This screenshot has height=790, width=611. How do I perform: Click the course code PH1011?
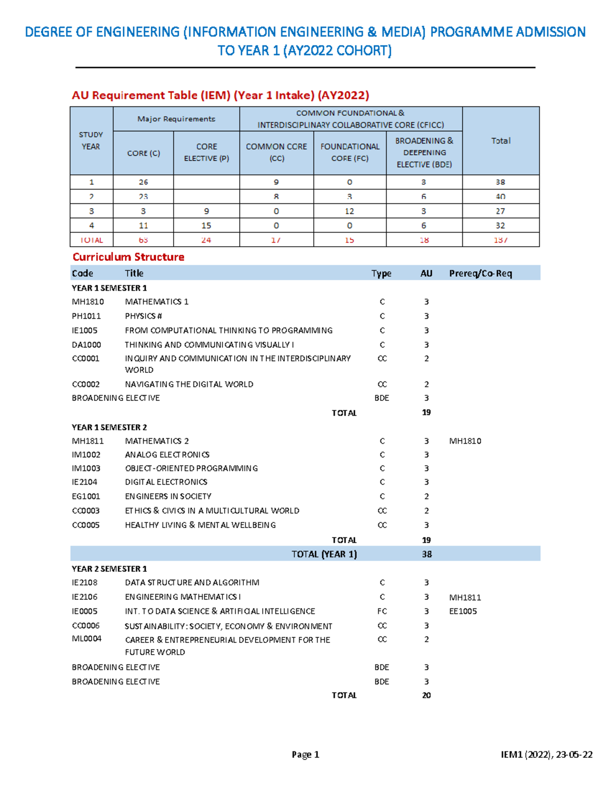click(86, 316)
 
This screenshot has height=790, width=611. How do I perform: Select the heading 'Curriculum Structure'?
click(128, 257)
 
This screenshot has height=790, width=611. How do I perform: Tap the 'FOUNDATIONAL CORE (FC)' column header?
click(350, 153)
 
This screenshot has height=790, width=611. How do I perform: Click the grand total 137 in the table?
click(501, 240)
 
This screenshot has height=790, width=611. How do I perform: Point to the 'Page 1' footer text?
click(305, 754)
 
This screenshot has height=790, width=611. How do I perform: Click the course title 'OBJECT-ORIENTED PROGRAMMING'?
click(191, 468)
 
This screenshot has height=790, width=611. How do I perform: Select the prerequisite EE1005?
click(463, 611)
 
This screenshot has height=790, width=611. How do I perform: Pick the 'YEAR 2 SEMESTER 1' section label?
click(109, 569)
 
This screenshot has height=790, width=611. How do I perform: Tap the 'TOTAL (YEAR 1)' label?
click(324, 554)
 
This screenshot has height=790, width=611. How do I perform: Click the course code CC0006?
click(86, 626)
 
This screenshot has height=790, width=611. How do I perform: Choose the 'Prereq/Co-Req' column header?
click(480, 273)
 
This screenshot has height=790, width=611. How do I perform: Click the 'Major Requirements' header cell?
click(176, 119)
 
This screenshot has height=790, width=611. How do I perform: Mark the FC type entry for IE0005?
click(382, 611)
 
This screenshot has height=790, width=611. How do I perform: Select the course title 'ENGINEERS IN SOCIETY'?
click(168, 496)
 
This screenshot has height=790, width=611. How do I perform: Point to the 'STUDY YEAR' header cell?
click(91, 141)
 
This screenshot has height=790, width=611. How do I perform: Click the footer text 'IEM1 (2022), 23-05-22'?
click(546, 754)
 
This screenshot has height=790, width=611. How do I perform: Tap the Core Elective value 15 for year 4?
click(206, 225)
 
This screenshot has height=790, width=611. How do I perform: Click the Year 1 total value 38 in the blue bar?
click(427, 554)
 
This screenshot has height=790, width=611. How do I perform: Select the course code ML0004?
click(87, 639)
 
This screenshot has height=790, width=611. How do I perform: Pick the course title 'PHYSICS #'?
click(144, 316)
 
